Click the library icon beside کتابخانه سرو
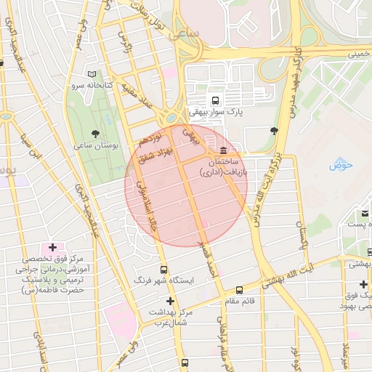(92, 74)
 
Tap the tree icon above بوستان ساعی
(95, 133)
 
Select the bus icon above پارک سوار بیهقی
(214, 100)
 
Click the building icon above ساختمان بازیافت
(211, 149)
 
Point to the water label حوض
(340, 165)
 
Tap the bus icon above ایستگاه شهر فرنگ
(163, 268)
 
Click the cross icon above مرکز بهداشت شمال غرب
(171, 301)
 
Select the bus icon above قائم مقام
(240, 289)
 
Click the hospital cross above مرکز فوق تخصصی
(52, 248)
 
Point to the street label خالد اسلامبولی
(145, 206)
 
